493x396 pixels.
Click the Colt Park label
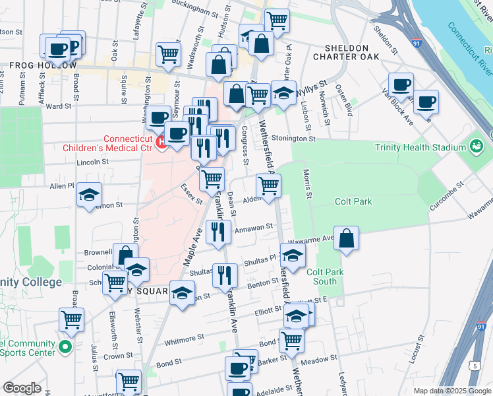point(353,202)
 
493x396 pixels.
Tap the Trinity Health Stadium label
point(429,147)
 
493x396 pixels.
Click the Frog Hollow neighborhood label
point(34,66)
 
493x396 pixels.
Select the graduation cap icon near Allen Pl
point(89,195)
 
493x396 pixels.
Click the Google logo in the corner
point(21,388)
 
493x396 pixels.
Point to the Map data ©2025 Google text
point(451,391)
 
